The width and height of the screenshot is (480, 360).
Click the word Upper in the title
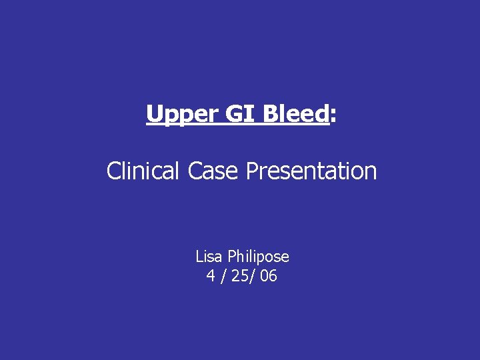(x=175, y=115)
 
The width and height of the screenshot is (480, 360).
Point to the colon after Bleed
(x=333, y=117)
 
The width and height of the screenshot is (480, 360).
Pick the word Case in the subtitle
(x=213, y=171)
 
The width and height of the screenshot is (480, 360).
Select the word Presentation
(x=311, y=172)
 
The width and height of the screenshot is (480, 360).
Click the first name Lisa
(x=209, y=256)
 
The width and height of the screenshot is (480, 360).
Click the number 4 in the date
(x=211, y=276)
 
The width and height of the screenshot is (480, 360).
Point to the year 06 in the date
(x=269, y=276)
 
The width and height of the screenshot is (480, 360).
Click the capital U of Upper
(x=154, y=114)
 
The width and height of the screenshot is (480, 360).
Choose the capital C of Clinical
(x=114, y=171)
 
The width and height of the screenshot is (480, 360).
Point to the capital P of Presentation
(x=252, y=171)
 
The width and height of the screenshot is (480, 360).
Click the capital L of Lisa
(x=199, y=256)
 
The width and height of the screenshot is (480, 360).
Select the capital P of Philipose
(x=232, y=256)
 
